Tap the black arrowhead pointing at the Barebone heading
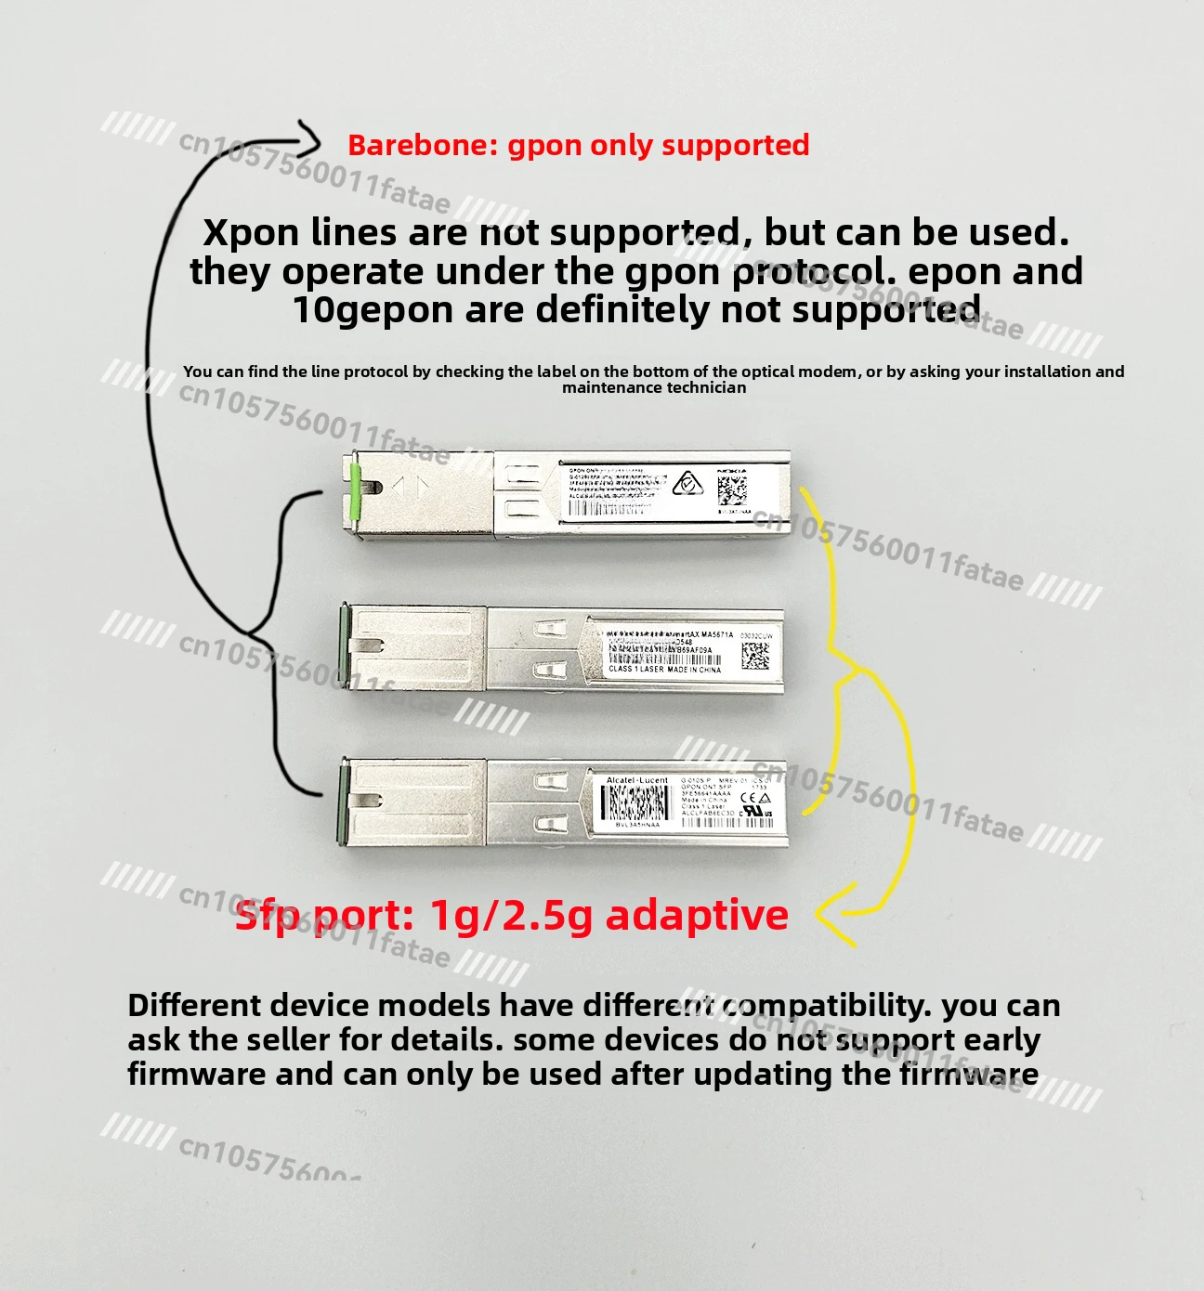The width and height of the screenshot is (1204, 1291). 311,142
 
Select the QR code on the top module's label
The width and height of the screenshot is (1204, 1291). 732,489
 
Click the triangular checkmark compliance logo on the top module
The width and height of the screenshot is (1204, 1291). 687,484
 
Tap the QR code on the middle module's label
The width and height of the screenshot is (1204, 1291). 755,656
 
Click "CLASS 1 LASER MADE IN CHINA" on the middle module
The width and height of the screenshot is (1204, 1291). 664,669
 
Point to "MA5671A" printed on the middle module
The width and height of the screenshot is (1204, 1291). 710,634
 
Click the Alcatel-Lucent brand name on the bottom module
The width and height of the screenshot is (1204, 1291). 636,780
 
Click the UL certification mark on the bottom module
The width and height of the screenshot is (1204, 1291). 755,813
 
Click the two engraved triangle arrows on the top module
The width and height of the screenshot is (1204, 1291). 410,487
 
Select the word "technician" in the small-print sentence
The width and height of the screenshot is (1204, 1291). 705,387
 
